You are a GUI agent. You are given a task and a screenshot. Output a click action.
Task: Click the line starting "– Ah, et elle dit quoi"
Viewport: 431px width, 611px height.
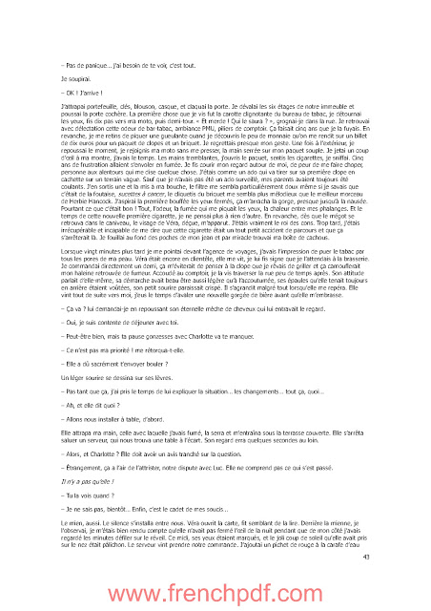[x=92, y=404]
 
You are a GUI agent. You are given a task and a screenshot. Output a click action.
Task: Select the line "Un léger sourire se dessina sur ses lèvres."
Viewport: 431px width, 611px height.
[x=123, y=364]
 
